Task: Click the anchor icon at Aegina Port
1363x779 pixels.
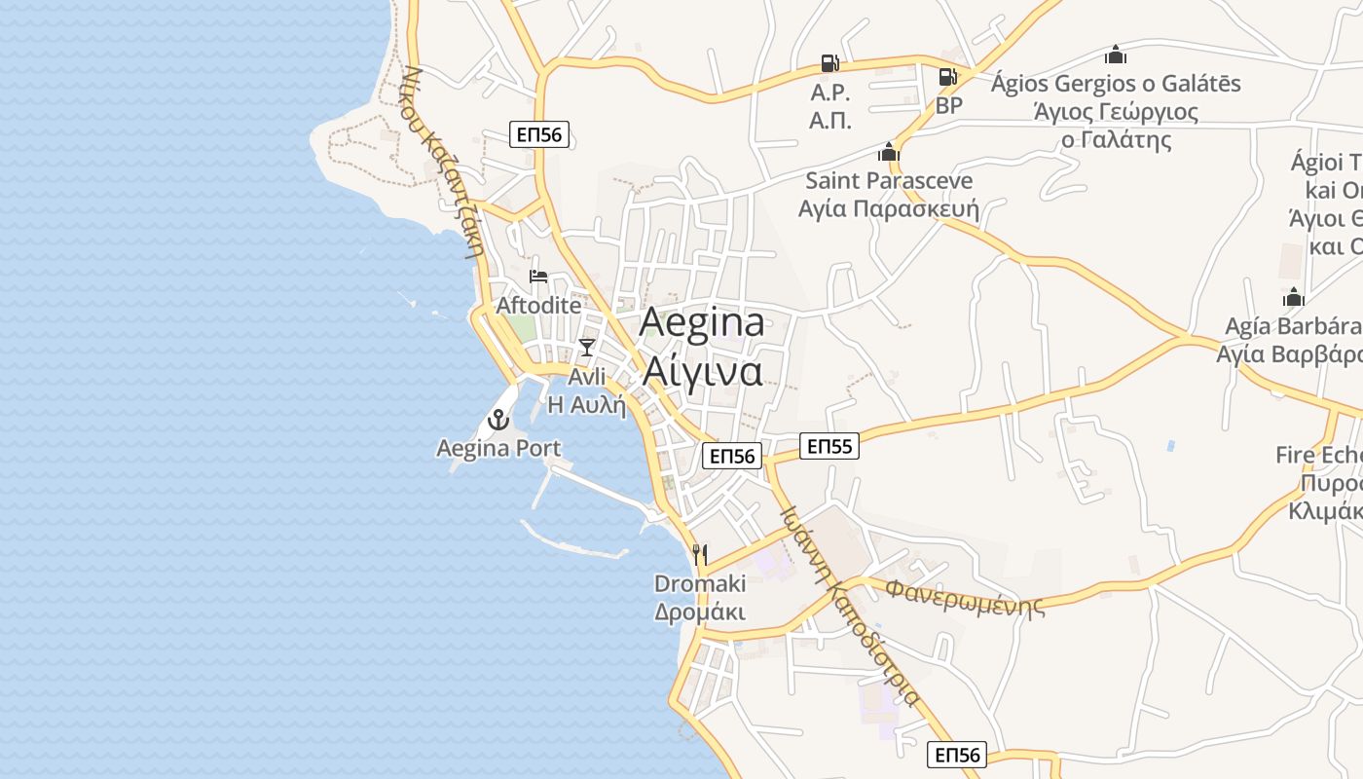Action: click(498, 421)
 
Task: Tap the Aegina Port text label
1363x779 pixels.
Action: click(498, 448)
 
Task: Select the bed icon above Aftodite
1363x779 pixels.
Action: click(538, 278)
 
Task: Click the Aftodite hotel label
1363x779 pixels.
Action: click(538, 305)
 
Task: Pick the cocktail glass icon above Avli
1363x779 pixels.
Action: click(586, 348)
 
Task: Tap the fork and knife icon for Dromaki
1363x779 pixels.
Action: click(699, 555)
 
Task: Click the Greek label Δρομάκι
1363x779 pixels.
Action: click(699, 612)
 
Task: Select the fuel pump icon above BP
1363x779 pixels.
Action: click(947, 77)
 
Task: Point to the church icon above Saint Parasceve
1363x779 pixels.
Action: click(888, 152)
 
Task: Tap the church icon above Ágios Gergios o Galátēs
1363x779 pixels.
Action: click(1116, 55)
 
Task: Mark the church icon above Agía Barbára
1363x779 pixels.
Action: click(1293, 297)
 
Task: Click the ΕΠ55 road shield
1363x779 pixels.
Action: click(830, 447)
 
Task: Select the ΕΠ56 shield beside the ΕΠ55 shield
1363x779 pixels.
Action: click(732, 456)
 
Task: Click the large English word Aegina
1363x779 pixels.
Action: click(702, 323)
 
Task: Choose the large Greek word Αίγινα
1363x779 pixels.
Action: click(702, 371)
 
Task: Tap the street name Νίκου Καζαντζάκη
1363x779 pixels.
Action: click(444, 161)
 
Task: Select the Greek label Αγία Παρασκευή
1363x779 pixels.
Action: click(888, 208)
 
